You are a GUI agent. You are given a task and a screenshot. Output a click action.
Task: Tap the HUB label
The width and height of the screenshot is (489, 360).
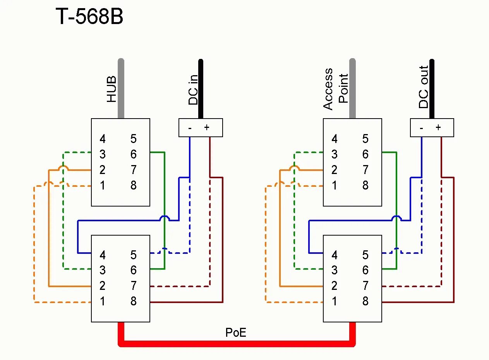tap(112, 89)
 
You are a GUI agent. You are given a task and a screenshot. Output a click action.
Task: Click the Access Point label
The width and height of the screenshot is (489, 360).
tap(335, 89)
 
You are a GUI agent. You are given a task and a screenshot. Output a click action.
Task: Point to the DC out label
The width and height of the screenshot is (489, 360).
tap(424, 87)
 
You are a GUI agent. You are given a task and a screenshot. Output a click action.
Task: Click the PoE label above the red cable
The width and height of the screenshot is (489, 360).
tap(236, 332)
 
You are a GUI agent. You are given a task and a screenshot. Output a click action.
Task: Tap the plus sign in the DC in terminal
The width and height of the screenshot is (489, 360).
tap(206, 127)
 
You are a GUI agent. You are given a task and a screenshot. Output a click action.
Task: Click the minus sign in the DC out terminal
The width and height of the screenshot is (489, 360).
tap(421, 128)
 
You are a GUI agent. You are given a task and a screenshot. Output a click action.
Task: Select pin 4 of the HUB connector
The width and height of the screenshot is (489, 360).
tap(102, 139)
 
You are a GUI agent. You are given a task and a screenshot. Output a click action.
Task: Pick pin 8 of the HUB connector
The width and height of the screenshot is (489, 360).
tap(134, 185)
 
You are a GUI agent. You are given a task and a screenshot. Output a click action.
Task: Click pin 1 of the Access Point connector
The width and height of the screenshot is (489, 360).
tap(334, 185)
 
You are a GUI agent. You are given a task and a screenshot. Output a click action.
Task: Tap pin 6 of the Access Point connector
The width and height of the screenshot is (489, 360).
tap(365, 154)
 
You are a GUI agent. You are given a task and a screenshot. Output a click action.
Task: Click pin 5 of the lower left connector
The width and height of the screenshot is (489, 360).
tap(134, 255)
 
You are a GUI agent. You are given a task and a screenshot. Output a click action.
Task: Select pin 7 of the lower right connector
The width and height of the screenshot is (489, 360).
tap(365, 286)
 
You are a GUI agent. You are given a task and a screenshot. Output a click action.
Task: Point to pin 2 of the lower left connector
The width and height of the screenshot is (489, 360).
tap(102, 286)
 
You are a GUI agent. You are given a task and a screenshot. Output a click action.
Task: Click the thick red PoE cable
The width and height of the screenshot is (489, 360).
tap(236, 343)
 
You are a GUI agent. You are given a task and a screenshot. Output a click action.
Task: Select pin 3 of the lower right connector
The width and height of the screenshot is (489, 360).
tap(334, 270)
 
